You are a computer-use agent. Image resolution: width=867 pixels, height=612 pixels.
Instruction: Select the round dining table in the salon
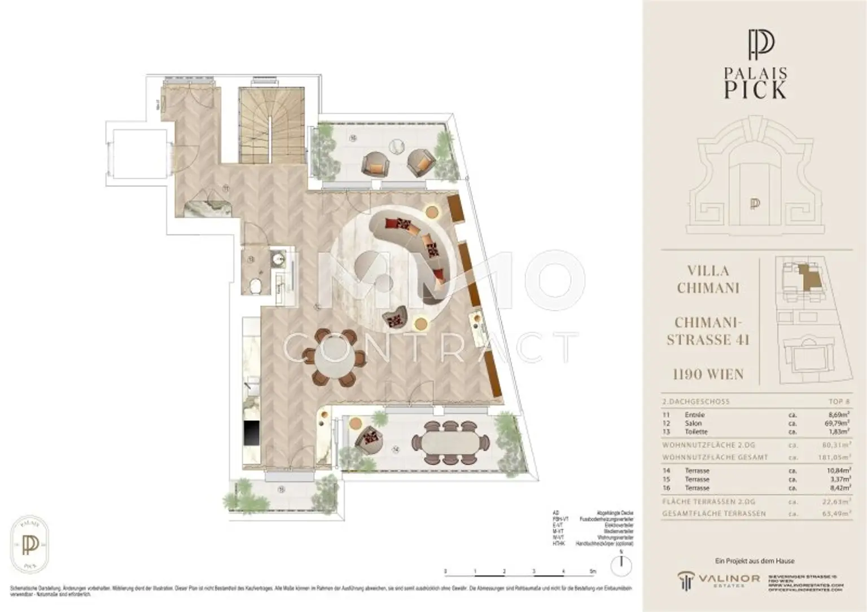pyautogui.click(x=331, y=358)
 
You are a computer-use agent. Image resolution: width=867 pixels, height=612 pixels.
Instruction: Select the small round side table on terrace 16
pyautogui.click(x=397, y=146)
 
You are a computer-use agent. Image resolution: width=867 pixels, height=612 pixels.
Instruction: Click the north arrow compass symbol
pyautogui.click(x=621, y=562)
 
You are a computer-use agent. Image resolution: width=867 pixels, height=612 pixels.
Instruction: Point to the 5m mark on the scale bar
pyautogui.click(x=593, y=571)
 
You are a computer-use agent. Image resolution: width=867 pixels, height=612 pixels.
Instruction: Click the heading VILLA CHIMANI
pyautogui.click(x=708, y=279)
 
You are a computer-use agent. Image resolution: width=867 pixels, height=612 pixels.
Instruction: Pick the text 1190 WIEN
pyautogui.click(x=708, y=374)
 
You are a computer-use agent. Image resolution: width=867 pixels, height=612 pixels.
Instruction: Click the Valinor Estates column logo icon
pyautogui.click(x=686, y=579)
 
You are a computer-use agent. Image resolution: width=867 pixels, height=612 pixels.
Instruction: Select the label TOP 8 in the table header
pyautogui.click(x=839, y=402)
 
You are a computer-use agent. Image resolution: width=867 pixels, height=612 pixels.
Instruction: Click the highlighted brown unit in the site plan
pyautogui.click(x=811, y=277)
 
